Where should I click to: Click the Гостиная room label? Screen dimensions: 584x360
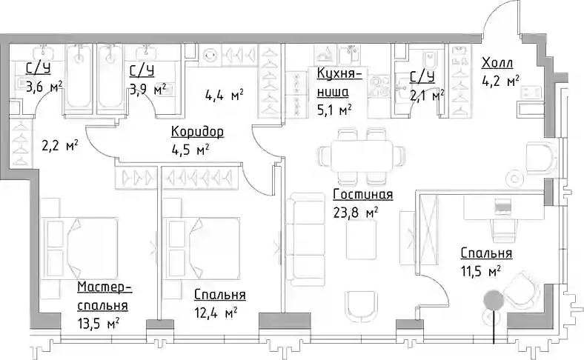362,194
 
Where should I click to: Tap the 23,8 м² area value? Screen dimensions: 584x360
356,213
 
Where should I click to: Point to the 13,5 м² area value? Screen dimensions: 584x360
99,322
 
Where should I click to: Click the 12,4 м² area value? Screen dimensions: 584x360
216,313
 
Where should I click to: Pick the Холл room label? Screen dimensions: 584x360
497,63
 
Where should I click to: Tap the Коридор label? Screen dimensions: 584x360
197,131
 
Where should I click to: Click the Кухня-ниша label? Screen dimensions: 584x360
339,82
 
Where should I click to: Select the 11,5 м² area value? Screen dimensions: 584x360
481,271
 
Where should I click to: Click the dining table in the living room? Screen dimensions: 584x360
362,156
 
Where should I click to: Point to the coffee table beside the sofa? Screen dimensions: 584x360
360,239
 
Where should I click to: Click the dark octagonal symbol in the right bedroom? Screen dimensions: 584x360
494,300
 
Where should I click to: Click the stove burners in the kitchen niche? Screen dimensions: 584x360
379,86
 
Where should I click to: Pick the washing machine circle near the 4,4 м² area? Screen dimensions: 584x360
210,55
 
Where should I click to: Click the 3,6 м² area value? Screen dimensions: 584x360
44,87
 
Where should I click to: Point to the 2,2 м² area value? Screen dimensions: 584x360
60,145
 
